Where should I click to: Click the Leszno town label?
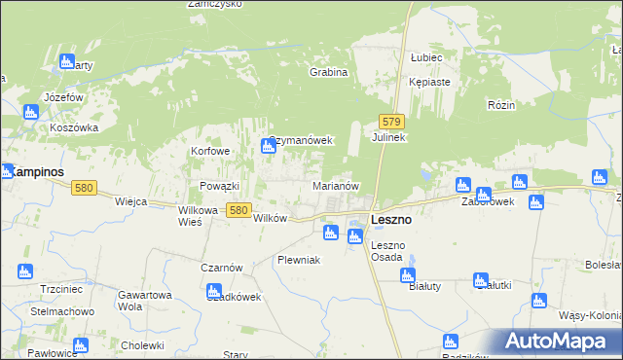[x=390, y=220]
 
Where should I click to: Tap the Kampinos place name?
[x=38, y=171]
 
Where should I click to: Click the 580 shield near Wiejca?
[x=84, y=188]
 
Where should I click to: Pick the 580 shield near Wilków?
[x=238, y=208]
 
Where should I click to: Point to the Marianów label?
[x=337, y=185]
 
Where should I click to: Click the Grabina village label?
[x=328, y=72]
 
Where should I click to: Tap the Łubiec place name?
[x=426, y=57]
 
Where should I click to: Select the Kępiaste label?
[x=429, y=82]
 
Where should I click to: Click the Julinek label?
[x=388, y=138]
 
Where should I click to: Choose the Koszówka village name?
[x=76, y=126]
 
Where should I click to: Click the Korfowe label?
[x=211, y=152]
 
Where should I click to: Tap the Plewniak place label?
[x=298, y=260]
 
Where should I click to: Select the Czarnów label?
[x=223, y=268]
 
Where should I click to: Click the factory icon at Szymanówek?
[x=268, y=147]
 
